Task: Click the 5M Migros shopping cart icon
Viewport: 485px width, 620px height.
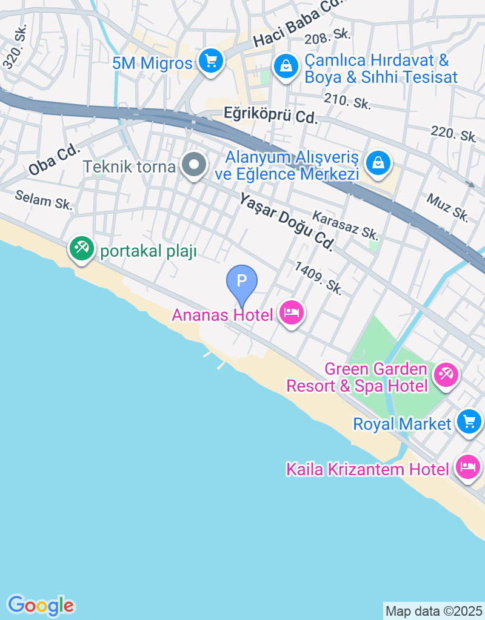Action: (x=210, y=61)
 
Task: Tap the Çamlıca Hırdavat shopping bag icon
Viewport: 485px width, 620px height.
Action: (x=285, y=66)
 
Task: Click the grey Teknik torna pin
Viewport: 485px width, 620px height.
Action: (x=195, y=164)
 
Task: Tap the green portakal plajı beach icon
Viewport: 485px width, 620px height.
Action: (x=81, y=248)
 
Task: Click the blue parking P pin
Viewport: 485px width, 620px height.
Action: (x=242, y=282)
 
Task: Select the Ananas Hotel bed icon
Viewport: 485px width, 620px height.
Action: (x=292, y=313)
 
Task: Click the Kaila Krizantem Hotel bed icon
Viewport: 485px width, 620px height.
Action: (x=468, y=467)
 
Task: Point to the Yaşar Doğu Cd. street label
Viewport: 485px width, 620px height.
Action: (x=287, y=221)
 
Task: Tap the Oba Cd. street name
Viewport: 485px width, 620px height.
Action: (x=54, y=159)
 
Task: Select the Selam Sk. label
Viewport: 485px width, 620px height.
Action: (x=44, y=199)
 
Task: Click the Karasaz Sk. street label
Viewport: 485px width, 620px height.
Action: (x=345, y=225)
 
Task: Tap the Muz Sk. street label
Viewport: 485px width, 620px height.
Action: (x=447, y=207)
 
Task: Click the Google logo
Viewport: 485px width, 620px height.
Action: (x=41, y=605)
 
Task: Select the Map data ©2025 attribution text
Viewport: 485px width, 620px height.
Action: (x=434, y=611)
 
